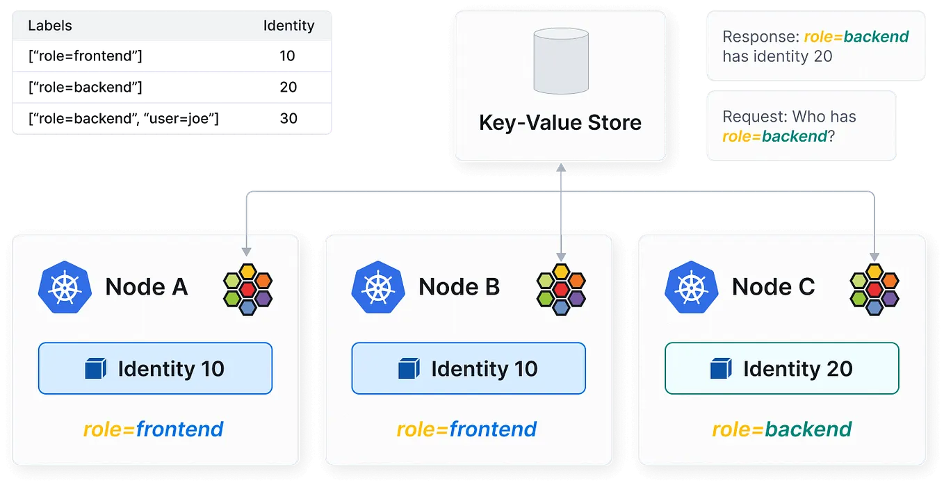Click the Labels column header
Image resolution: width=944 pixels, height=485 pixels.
[50, 26]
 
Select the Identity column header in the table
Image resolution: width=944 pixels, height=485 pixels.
[288, 26]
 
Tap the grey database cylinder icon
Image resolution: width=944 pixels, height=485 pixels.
[561, 62]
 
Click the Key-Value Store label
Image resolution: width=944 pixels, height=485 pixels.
[560, 123]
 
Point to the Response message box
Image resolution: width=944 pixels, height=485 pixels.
[815, 47]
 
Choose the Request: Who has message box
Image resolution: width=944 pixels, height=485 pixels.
[799, 126]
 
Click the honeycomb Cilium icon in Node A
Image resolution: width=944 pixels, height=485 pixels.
[248, 289]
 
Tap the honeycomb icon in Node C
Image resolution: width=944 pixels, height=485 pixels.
[874, 289]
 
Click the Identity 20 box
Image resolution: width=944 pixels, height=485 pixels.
[782, 368]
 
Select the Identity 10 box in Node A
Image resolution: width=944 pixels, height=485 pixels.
[155, 368]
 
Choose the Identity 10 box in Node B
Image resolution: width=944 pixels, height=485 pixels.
[469, 368]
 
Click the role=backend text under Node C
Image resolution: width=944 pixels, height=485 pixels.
[782, 429]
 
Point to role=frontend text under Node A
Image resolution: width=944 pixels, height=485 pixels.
[154, 429]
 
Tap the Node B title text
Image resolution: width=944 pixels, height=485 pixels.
[459, 286]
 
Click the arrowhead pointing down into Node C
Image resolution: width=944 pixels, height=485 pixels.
[874, 255]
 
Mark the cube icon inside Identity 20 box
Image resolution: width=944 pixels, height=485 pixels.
[721, 368]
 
